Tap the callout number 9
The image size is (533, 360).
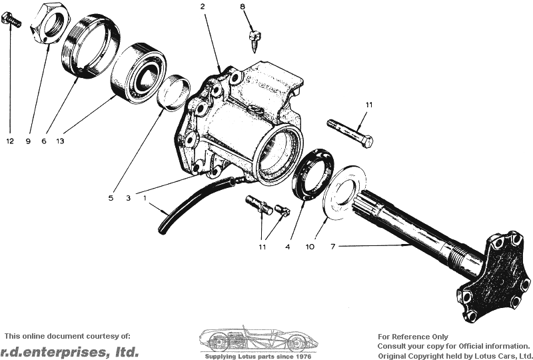coord(29,141)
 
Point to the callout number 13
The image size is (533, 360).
coord(60,141)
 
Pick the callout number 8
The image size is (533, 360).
coord(243,7)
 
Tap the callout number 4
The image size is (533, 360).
coord(288,247)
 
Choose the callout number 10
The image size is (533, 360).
coord(310,247)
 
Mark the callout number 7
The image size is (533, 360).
coord(333,247)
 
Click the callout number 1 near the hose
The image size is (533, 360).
coord(145,198)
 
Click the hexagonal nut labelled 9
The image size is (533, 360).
coord(49,24)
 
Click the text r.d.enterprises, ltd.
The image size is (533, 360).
coord(70,351)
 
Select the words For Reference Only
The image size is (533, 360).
coord(413,337)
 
